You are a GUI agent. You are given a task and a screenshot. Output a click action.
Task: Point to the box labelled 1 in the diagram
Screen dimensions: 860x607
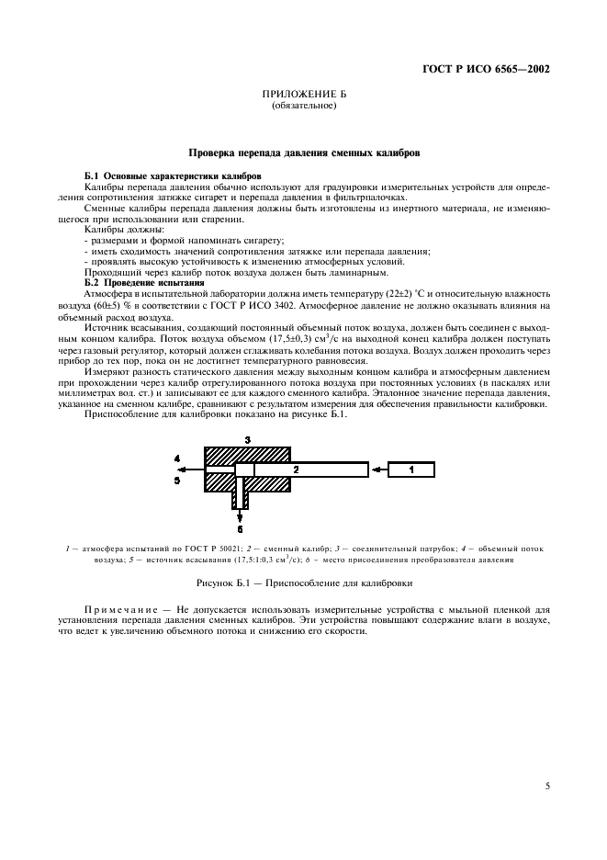(410, 470)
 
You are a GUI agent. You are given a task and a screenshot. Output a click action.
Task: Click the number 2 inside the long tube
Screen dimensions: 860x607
(296, 470)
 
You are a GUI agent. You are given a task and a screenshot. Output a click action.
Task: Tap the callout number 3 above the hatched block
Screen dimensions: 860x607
(246, 440)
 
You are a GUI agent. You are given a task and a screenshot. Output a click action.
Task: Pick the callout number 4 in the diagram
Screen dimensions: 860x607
(177, 458)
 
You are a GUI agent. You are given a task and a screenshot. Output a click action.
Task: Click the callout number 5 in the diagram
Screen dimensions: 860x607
(177, 479)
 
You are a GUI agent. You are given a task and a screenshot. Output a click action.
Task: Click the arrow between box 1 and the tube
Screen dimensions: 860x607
(377, 470)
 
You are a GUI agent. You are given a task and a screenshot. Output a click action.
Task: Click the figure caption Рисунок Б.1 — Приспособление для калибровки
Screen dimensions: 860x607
(303, 583)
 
